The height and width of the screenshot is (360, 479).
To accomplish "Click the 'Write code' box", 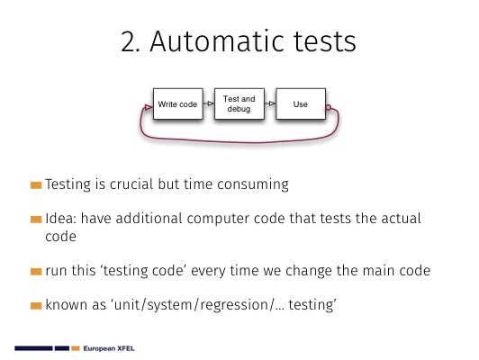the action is tap(177, 103).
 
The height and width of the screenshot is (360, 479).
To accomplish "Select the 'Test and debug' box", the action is tap(239, 103).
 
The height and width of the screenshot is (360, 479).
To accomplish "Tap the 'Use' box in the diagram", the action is tap(301, 103).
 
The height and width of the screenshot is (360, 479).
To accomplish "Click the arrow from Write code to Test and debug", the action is tap(209, 103).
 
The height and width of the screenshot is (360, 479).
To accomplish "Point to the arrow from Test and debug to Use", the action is tap(270, 103).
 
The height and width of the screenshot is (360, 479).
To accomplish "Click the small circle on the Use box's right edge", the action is tap(329, 107).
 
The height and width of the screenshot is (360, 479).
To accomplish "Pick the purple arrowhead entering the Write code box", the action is tap(149, 107).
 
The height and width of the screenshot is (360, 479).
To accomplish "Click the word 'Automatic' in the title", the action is tap(218, 41).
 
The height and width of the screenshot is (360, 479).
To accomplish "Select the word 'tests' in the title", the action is tap(325, 42).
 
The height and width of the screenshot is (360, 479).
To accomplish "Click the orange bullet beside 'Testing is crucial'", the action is tap(36, 185).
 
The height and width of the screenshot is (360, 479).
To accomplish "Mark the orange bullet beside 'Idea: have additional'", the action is tap(36, 220).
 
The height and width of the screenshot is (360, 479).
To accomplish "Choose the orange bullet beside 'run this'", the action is tap(36, 272).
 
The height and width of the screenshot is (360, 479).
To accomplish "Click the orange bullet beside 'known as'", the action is tap(36, 306).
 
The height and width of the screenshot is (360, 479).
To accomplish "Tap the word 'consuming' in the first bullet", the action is tap(253, 185).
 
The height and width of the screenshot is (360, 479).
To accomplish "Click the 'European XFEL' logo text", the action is tap(109, 348).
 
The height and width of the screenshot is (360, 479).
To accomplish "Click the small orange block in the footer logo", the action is tap(76, 348).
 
